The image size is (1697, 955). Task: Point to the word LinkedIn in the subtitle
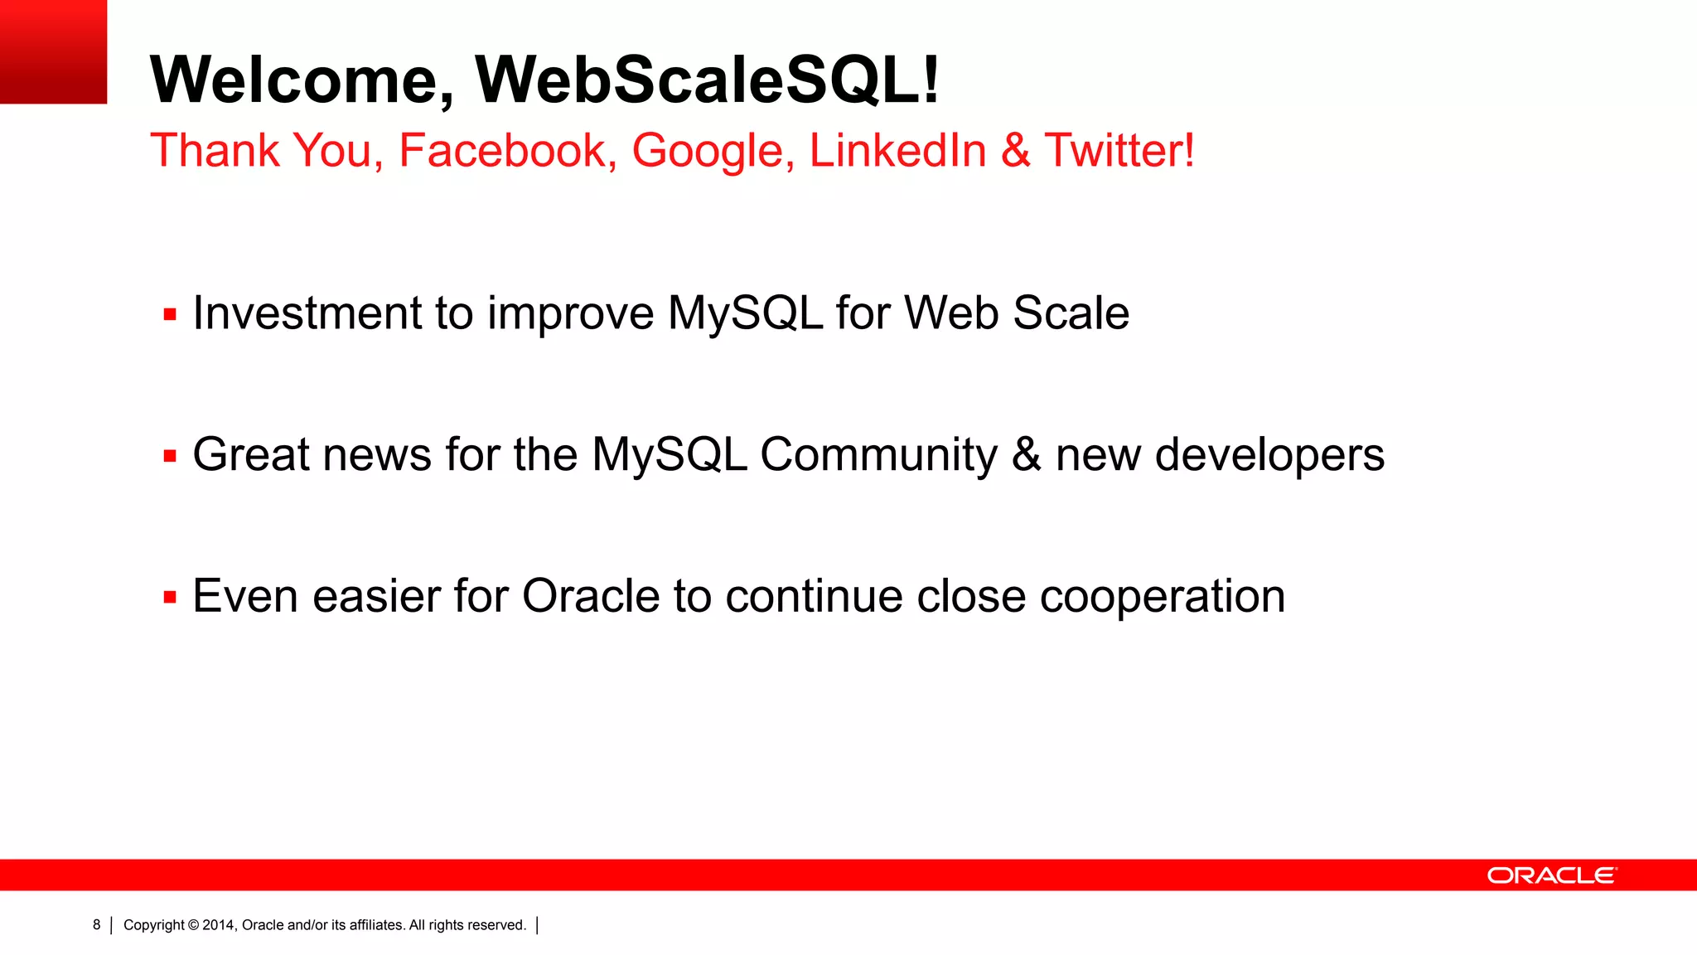coord(897,151)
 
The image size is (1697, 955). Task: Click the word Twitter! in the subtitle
coord(1119,151)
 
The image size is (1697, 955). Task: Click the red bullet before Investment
coord(170,314)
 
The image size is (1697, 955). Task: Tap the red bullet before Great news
coord(170,455)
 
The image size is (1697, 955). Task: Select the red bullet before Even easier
coord(170,597)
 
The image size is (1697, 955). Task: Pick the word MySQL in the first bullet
coord(745,313)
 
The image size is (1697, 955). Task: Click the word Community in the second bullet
coord(878,455)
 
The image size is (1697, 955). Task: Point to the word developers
coord(1269,455)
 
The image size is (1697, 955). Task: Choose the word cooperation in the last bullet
coord(1162,597)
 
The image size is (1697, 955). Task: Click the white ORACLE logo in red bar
coord(1551,875)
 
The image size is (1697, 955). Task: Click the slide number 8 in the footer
coord(96,924)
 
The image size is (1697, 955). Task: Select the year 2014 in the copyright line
coord(219,925)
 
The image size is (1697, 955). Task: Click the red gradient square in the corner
coord(53,51)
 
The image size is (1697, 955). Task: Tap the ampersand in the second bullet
coord(1026,455)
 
